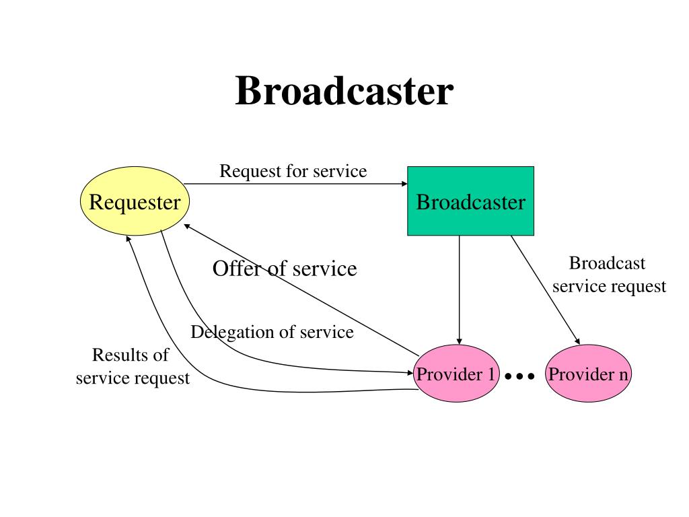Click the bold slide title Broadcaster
[x=344, y=91]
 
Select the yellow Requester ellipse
[x=135, y=201]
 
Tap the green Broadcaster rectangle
[x=470, y=201]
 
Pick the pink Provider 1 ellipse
[x=456, y=374]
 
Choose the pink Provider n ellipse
[x=588, y=374]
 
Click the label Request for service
[x=293, y=171]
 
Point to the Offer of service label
[x=285, y=269]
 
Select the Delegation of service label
[x=272, y=332]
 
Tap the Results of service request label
[x=133, y=366]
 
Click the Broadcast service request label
[x=609, y=275]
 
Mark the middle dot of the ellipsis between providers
[x=520, y=376]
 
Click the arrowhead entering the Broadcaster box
[x=404, y=184]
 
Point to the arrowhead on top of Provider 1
[x=459, y=341]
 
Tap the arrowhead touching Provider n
[x=577, y=341]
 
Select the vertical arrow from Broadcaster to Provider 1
[x=459, y=290]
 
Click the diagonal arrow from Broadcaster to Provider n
[x=545, y=290]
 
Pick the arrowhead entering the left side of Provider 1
[x=410, y=373]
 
